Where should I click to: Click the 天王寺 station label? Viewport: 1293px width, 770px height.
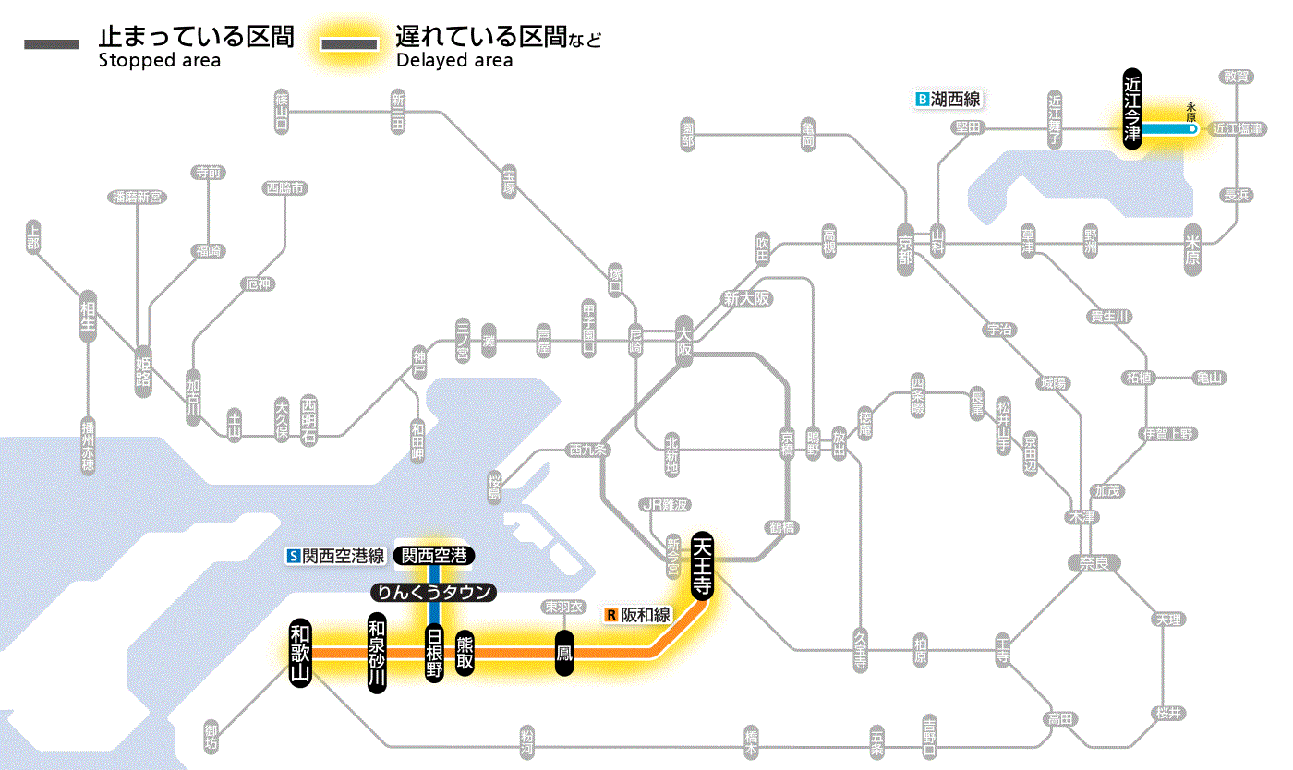701,566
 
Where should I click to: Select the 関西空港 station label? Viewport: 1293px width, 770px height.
433,556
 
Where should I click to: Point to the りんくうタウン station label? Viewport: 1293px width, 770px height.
433,593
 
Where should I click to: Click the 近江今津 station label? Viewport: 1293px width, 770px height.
1132,108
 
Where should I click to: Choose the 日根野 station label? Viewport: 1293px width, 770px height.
433,653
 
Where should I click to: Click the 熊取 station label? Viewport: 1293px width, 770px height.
465,653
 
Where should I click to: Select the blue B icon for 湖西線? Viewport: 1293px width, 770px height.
921,99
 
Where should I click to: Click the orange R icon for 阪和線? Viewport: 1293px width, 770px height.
610,614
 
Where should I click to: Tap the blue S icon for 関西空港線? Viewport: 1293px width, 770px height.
294,556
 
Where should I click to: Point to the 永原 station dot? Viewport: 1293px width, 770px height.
1192,130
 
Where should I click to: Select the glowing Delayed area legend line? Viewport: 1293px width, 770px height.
349,44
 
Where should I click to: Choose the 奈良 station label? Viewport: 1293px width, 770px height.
1094,562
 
